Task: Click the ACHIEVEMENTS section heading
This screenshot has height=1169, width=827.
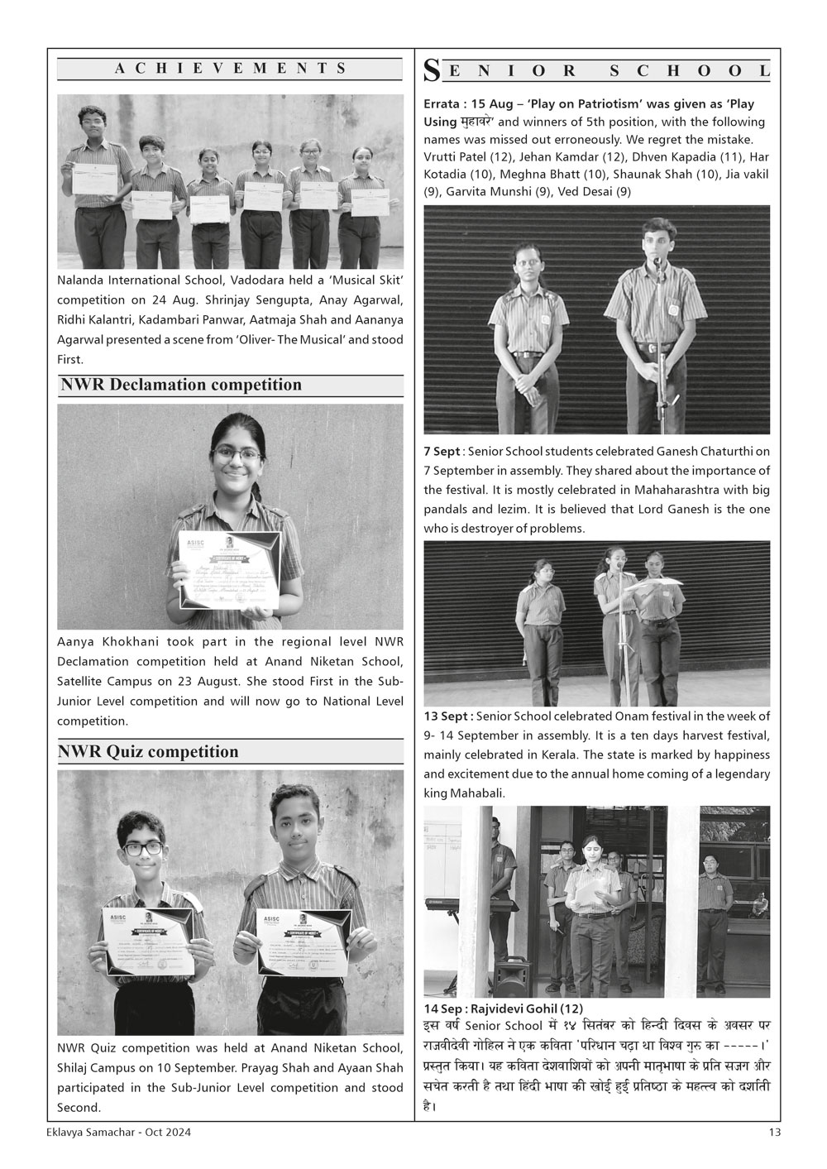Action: coord(230,69)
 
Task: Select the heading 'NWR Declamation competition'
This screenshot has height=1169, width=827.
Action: coord(181,385)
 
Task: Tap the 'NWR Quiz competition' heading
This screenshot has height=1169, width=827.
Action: coord(148,751)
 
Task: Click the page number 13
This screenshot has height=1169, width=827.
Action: coord(774,1132)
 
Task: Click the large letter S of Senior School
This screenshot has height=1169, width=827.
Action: coord(432,71)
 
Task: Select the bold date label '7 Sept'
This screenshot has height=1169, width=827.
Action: coord(442,452)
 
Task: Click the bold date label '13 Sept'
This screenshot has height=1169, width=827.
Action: coord(447,716)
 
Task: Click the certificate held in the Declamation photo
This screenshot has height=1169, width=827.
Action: coord(230,568)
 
